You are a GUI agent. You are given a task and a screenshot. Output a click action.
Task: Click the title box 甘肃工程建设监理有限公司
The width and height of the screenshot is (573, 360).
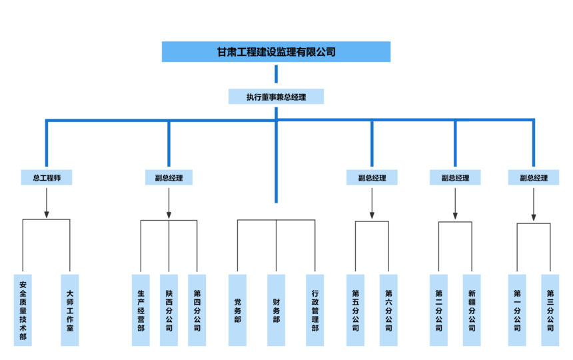(x=276, y=52)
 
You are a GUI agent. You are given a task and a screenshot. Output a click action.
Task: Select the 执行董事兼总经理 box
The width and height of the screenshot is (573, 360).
(x=276, y=97)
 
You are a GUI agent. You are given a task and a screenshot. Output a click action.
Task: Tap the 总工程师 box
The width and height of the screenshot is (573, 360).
(x=47, y=178)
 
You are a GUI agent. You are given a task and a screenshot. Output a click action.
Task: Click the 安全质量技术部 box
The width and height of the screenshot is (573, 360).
(x=23, y=310)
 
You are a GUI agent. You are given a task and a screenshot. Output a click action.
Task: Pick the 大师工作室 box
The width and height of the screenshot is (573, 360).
(x=70, y=310)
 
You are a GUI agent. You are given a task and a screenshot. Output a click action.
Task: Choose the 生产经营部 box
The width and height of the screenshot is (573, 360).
(x=141, y=310)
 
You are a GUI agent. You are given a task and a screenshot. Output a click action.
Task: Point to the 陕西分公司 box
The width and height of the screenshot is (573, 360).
(x=169, y=310)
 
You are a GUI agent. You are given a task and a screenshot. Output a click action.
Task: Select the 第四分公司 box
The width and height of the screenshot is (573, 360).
(x=197, y=310)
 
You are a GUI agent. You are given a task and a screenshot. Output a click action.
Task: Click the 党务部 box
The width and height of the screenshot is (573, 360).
(x=237, y=310)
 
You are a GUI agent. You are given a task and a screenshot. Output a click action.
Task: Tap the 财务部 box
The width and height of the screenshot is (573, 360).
(x=276, y=310)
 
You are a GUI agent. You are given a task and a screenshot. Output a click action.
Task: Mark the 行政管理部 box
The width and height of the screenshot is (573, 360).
(x=314, y=310)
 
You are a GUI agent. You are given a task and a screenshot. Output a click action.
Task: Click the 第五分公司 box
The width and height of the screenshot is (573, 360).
(x=355, y=310)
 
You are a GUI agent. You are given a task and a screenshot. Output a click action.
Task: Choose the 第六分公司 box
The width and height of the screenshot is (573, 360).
(x=388, y=310)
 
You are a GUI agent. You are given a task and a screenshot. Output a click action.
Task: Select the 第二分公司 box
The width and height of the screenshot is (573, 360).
(x=438, y=310)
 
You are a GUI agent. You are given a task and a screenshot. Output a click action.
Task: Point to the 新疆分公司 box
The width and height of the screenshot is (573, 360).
(x=472, y=310)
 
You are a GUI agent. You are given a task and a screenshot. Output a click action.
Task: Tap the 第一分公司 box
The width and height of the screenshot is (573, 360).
(x=517, y=310)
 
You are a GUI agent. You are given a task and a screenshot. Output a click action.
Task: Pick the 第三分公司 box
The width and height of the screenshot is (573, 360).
(x=550, y=310)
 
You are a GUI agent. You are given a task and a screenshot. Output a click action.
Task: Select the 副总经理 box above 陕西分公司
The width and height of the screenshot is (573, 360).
(x=169, y=178)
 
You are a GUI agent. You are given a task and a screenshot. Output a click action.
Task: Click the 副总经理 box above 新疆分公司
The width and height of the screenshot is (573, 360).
(x=455, y=178)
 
